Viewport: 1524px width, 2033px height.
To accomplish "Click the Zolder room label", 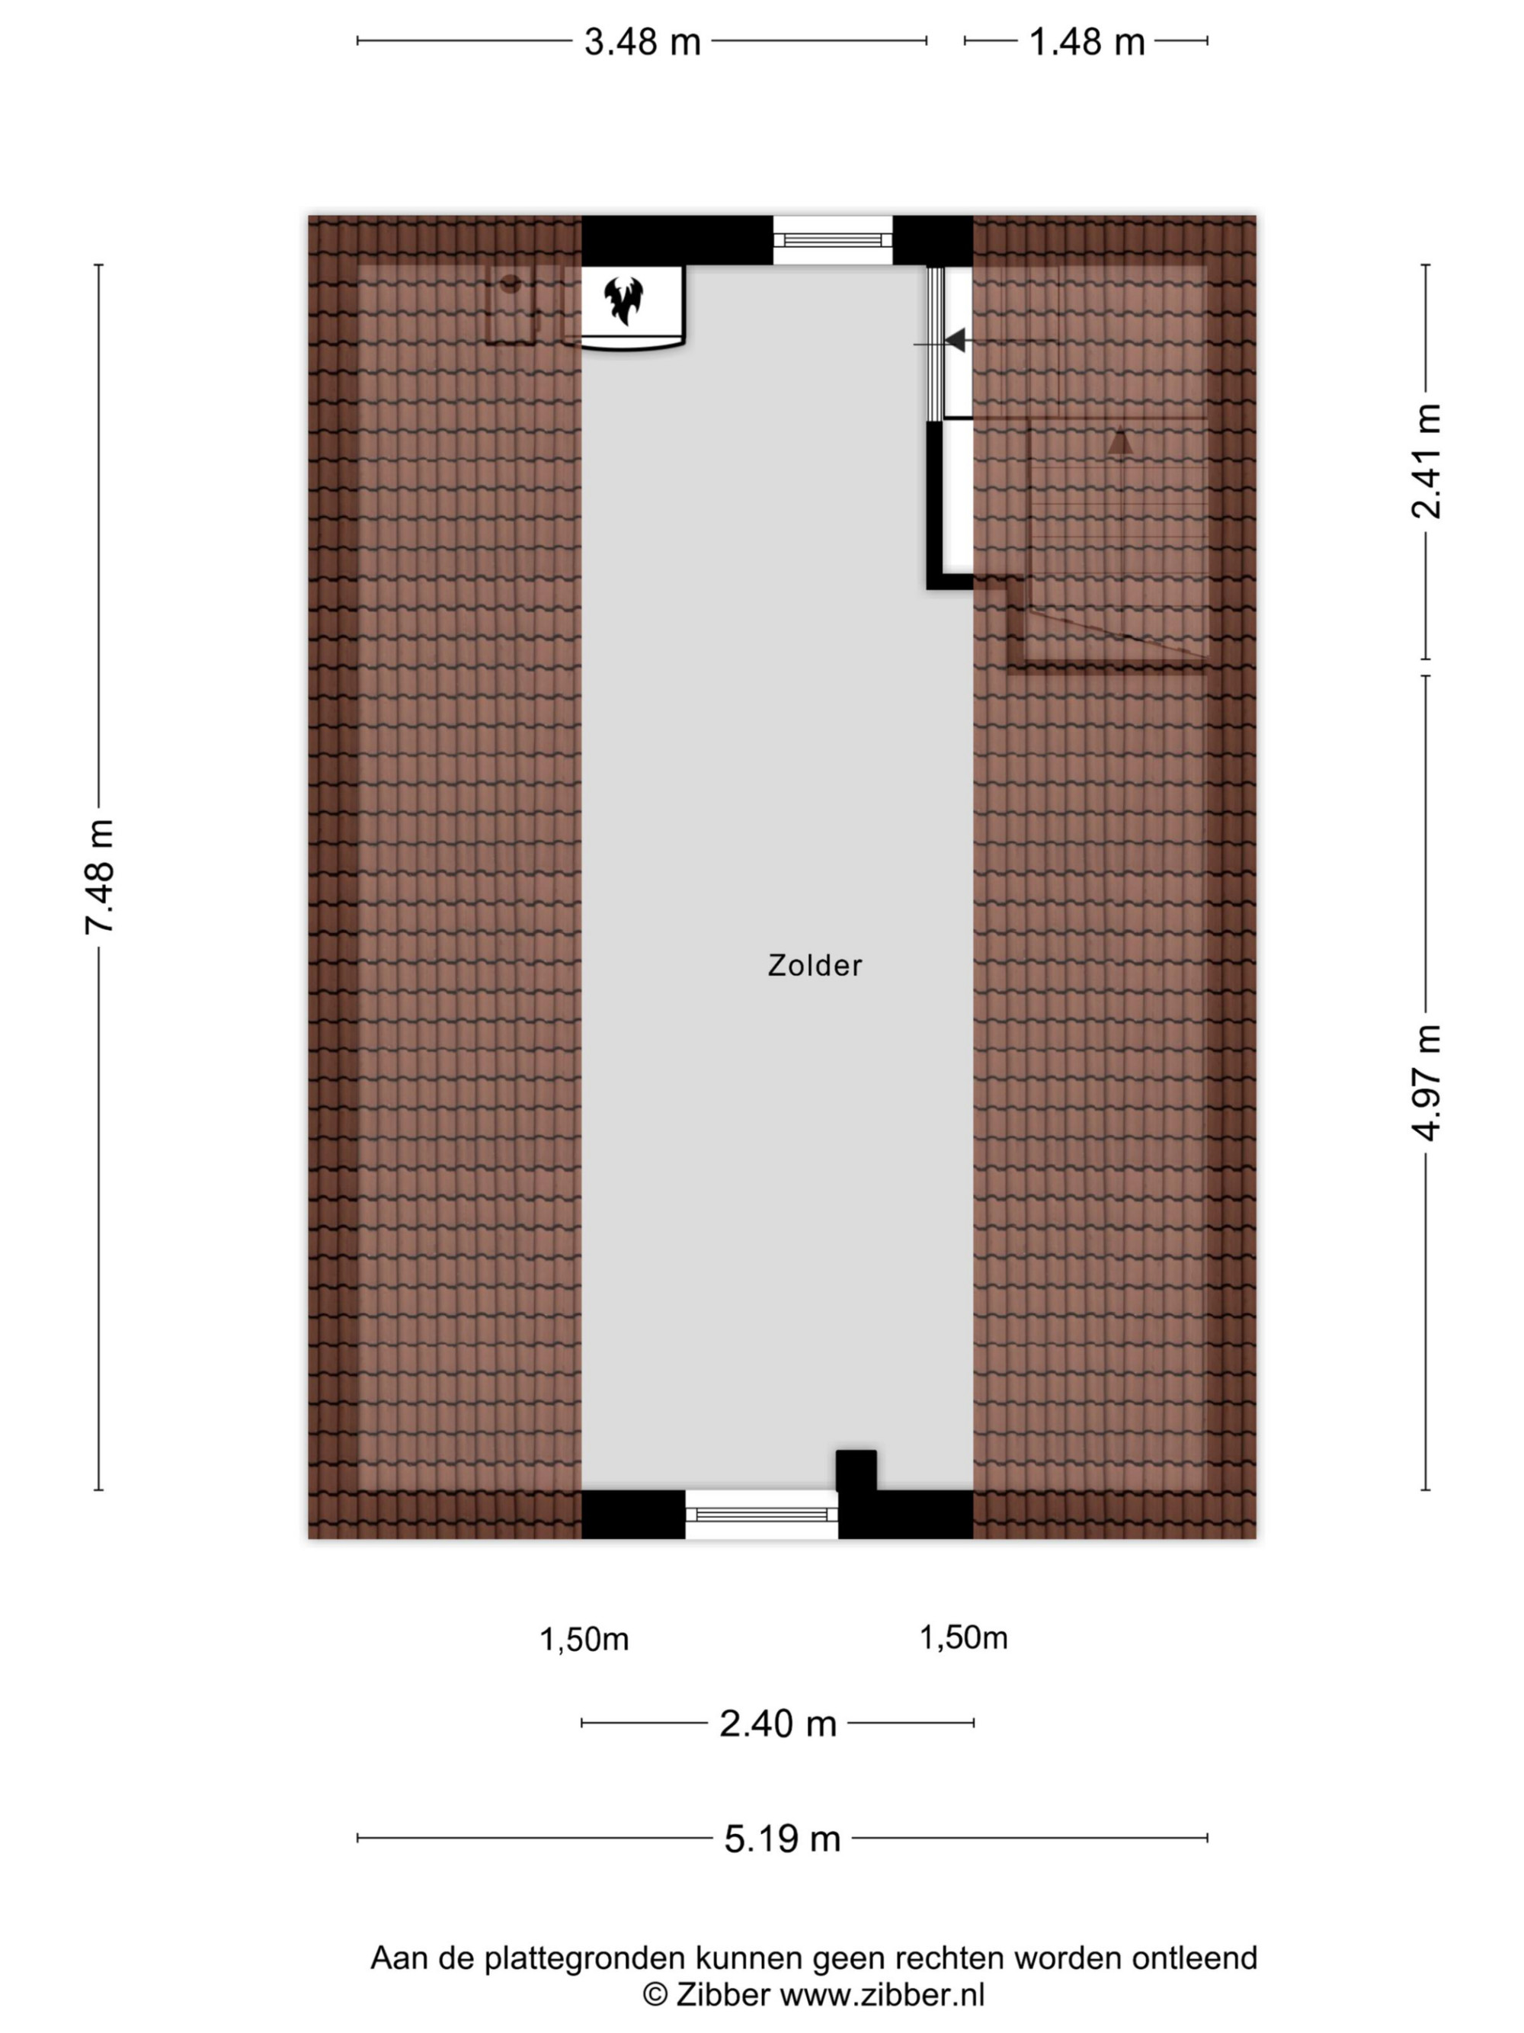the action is pyautogui.click(x=815, y=965).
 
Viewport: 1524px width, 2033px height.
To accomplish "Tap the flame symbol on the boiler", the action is pyautogui.click(x=624, y=300).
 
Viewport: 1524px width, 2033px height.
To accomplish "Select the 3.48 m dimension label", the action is pyautogui.click(x=642, y=42).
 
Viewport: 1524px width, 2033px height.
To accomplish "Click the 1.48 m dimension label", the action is pyautogui.click(x=1087, y=42).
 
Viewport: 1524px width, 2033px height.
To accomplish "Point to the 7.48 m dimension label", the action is pyautogui.click(x=99, y=877).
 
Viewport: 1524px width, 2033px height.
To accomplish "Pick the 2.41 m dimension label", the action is pyautogui.click(x=1426, y=461).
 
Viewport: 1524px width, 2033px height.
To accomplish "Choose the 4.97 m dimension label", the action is pyautogui.click(x=1426, y=1082).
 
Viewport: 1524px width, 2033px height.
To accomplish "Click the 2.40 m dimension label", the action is pyautogui.click(x=778, y=1724).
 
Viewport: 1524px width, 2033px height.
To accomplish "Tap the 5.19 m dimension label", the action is pyautogui.click(x=783, y=1838).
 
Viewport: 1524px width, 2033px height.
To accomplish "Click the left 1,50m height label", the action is pyautogui.click(x=584, y=1640).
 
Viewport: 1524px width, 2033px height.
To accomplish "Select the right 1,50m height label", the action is pyautogui.click(x=964, y=1638).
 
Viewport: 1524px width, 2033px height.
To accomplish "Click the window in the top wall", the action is pyautogui.click(x=832, y=241).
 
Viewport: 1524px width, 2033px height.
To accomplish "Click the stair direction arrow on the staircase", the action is pyautogui.click(x=1119, y=442).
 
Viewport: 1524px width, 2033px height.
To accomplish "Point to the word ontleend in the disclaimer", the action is pyautogui.click(x=1194, y=1958).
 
